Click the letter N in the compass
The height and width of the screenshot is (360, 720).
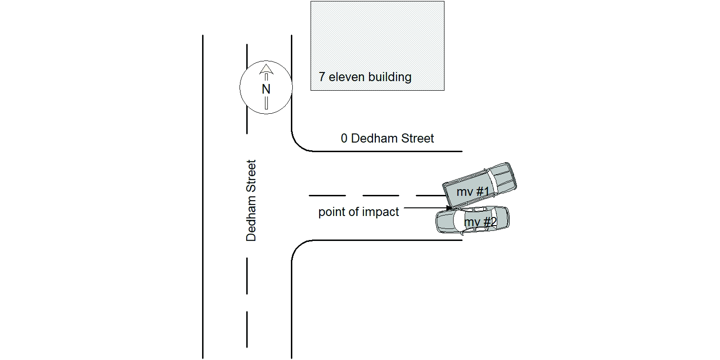pyautogui.click(x=266, y=89)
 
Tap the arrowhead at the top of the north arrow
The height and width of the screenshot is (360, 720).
pyautogui.click(x=266, y=69)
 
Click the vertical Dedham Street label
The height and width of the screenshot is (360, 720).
pyautogui.click(x=251, y=201)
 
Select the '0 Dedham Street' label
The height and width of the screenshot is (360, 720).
pyautogui.click(x=387, y=139)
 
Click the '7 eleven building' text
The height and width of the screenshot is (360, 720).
pyautogui.click(x=365, y=77)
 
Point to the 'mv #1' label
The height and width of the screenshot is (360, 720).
pyautogui.click(x=473, y=192)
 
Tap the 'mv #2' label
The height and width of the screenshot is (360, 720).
pyautogui.click(x=480, y=222)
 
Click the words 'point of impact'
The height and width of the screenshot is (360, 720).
pyautogui.click(x=359, y=212)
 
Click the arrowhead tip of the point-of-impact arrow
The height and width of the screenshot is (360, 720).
pyautogui.click(x=451, y=208)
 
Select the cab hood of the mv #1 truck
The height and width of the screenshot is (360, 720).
pyautogui.click(x=502, y=177)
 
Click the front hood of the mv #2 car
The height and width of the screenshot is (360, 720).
pyautogui.click(x=445, y=221)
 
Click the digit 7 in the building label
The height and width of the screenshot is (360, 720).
pyautogui.click(x=322, y=77)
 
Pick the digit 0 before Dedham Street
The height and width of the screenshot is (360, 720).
pyautogui.click(x=344, y=139)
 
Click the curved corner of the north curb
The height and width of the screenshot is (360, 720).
pyautogui.click(x=298, y=145)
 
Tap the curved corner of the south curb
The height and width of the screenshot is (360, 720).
pyautogui.click(x=298, y=247)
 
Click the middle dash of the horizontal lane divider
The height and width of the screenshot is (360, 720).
pyautogui.click(x=381, y=195)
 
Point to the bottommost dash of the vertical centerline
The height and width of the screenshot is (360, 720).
pyautogui.click(x=247, y=329)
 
